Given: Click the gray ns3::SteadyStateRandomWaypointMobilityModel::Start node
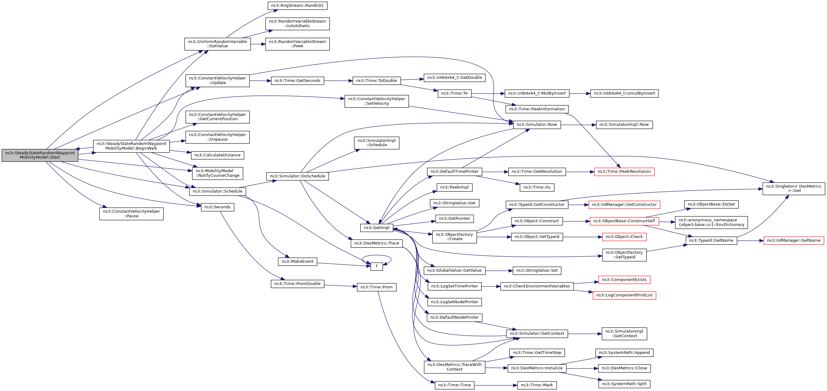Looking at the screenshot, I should pyautogui.click(x=40, y=155).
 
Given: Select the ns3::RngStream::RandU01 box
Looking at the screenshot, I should pyautogui.click(x=297, y=6).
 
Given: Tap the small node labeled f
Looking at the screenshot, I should pyautogui.click(x=376, y=266).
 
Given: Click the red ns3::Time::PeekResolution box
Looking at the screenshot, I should pyautogui.click(x=624, y=172).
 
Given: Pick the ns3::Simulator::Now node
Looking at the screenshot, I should pyautogui.click(x=536, y=125).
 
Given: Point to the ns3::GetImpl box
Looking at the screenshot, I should pyautogui.click(x=376, y=228).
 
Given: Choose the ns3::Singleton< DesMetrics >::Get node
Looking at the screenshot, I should pyautogui.click(x=793, y=189).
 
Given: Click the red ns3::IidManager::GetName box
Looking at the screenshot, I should pyautogui.click(x=793, y=240).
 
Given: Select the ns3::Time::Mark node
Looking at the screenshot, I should pyautogui.click(x=536, y=385).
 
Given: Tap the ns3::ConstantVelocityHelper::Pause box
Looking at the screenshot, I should pyautogui.click(x=131, y=214).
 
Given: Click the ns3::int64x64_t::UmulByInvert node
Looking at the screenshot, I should pyautogui.click(x=624, y=93).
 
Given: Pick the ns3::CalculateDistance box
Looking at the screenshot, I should pyautogui.click(x=217, y=155).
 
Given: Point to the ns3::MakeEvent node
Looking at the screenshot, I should pyautogui.click(x=297, y=261).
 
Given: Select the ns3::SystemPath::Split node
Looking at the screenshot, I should pyautogui.click(x=624, y=384).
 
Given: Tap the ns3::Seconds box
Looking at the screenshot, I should pyautogui.click(x=217, y=207).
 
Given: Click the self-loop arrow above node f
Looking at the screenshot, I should pyautogui.click(x=376, y=256).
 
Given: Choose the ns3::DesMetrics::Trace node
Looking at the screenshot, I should pyautogui.click(x=376, y=243).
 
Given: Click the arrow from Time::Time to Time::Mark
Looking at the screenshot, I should pyautogui.click(x=496, y=385).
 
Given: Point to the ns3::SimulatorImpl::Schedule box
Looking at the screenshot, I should pyautogui.click(x=376, y=143).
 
